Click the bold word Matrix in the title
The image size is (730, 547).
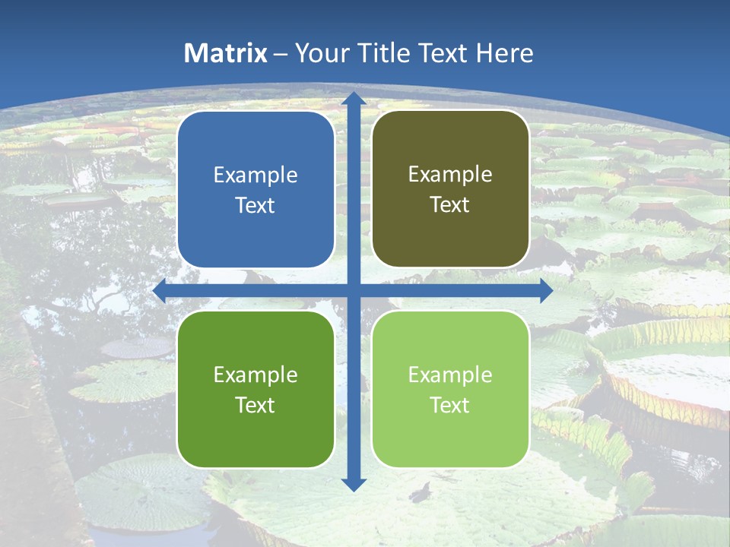click(226, 53)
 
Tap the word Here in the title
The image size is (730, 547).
click(505, 53)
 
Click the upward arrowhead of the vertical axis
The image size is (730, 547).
click(353, 99)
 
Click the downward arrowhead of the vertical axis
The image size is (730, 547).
click(353, 484)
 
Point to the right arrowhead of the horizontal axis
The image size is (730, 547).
click(545, 291)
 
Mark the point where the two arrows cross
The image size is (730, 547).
click(353, 291)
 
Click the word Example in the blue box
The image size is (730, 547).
click(255, 175)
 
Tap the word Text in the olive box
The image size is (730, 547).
click(450, 205)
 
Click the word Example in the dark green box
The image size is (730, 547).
click(255, 375)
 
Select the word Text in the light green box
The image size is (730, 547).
click(450, 405)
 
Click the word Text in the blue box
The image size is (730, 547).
click(255, 206)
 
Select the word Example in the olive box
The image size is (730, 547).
click(450, 175)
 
